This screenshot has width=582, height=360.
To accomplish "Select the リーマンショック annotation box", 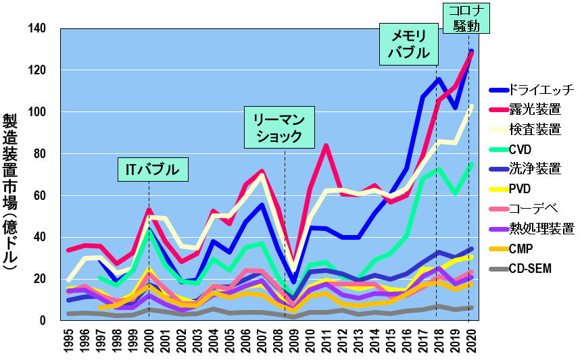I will click(x=278, y=127).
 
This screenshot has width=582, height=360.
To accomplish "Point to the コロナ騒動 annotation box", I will click(x=467, y=18).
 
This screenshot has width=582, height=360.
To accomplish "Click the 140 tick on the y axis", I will click(x=37, y=28).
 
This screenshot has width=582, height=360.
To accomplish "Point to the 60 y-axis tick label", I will click(x=40, y=195).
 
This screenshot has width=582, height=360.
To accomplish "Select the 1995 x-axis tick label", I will click(x=69, y=341).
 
